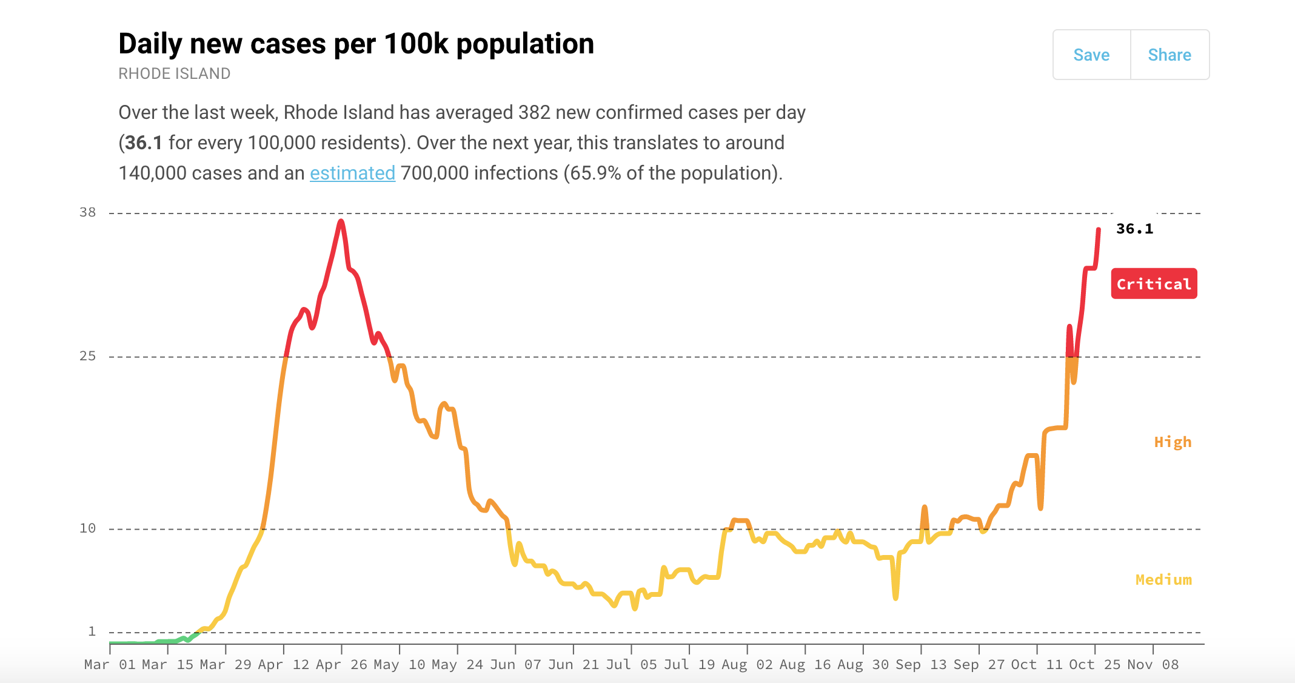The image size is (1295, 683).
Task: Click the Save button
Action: [1091, 55]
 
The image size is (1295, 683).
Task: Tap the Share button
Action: [1170, 55]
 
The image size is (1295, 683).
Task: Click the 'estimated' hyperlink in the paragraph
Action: [352, 173]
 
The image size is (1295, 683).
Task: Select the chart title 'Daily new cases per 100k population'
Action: [356, 44]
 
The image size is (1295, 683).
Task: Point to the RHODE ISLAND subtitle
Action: [174, 74]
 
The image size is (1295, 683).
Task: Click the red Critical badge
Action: [1154, 284]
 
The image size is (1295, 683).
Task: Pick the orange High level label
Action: [1173, 442]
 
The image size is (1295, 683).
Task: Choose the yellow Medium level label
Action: [1163, 580]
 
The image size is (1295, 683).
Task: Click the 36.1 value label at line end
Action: [1134, 229]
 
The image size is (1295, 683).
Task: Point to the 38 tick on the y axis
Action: [88, 212]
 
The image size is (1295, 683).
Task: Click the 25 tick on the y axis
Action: [88, 356]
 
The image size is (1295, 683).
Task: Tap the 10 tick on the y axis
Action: [88, 528]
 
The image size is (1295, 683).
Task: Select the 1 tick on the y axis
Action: [92, 631]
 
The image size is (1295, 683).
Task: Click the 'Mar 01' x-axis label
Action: [110, 665]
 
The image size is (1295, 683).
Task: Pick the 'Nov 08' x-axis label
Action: [1153, 665]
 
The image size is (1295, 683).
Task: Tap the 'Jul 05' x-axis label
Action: [631, 665]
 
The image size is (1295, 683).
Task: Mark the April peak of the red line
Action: [341, 221]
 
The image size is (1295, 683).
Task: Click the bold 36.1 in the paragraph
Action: [144, 143]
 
